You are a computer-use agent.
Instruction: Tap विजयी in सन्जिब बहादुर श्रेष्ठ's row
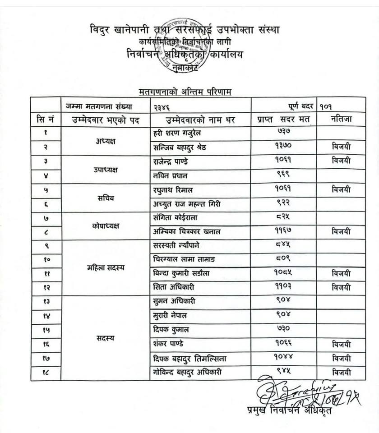[x=341, y=147]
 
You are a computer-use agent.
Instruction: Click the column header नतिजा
[x=341, y=120]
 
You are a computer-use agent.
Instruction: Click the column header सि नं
[x=46, y=120]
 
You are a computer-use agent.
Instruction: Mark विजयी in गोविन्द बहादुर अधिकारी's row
[x=341, y=373]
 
